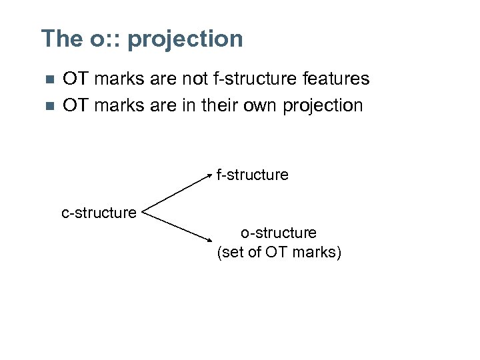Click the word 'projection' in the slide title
[185, 39]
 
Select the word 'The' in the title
[61, 39]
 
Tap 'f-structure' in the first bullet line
[258, 79]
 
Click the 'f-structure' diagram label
[252, 175]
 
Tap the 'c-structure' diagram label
[99, 213]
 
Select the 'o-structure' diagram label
[279, 233]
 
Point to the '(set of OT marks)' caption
[279, 252]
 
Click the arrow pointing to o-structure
[179, 227]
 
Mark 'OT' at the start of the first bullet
[75, 79]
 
